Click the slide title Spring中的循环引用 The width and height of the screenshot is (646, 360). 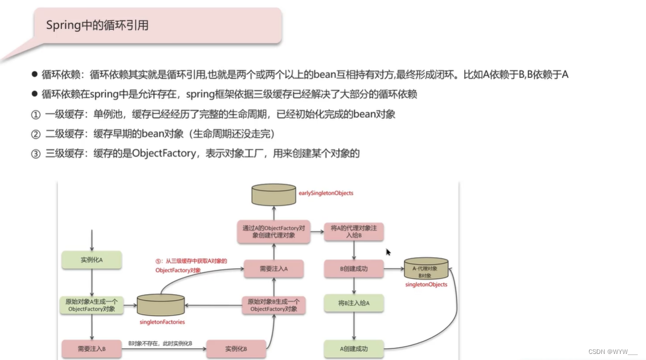coord(97,25)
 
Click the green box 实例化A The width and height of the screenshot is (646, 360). coord(92,260)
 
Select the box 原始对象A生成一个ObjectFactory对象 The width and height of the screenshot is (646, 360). coord(92,305)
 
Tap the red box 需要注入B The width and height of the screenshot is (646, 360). coord(92,349)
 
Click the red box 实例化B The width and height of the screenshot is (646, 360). coord(236,349)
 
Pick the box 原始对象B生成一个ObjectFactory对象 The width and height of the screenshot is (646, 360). coord(274,305)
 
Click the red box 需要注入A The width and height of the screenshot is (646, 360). coord(274,269)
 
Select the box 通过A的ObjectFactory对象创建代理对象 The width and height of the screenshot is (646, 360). coord(274,231)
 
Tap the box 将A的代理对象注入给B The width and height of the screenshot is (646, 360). coord(354,231)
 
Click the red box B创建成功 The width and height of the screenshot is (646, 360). coord(354,269)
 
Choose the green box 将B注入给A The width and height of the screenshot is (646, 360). coord(354,303)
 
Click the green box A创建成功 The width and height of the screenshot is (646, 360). coord(354,349)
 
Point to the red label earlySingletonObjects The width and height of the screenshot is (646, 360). coord(325,193)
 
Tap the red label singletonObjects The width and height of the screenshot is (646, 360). coord(426,285)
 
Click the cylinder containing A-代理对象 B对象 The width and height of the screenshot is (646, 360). coord(426,269)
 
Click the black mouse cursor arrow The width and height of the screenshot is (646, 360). coord(388,252)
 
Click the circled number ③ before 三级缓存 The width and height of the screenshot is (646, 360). coord(35,153)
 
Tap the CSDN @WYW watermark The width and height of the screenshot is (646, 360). coord(613,352)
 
